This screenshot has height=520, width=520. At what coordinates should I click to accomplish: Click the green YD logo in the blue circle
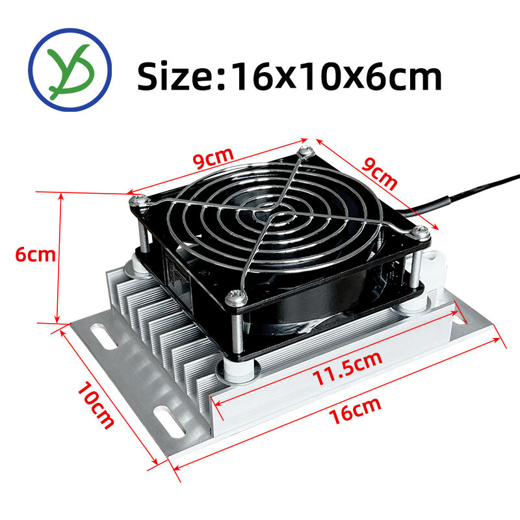(70, 70)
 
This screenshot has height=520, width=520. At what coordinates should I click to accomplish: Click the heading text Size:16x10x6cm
(289, 77)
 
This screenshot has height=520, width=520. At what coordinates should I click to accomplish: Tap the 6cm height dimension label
(36, 255)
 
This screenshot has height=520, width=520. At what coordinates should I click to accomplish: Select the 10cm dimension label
(96, 405)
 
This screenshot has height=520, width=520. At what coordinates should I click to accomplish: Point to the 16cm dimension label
(355, 411)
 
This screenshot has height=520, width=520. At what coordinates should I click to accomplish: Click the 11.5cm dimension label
(348, 368)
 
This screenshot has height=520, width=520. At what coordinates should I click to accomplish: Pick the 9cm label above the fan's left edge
(214, 158)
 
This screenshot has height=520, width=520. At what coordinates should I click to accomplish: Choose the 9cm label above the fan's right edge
(379, 173)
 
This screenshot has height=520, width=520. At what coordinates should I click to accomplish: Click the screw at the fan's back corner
(305, 151)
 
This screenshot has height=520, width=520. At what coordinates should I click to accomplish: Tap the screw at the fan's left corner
(138, 200)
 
